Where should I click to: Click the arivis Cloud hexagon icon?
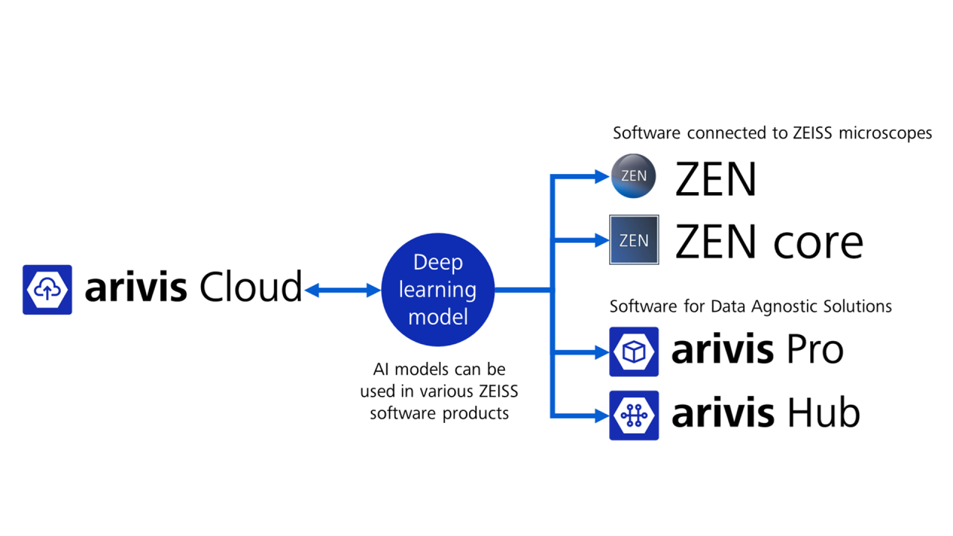47,290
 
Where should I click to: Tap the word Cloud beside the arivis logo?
249,287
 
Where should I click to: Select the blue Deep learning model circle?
438,290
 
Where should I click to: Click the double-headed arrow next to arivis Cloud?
342,291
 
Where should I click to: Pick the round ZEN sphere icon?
634,176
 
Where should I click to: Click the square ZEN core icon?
634,240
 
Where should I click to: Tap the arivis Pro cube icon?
634,351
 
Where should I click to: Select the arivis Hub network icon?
634,415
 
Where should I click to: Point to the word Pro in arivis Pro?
807,350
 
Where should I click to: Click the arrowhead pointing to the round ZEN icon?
601,176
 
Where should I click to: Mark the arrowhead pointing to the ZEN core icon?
601,240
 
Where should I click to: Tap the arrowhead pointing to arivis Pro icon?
601,351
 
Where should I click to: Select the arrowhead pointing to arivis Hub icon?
601,415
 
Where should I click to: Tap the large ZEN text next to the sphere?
715,179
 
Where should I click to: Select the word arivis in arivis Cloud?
136,287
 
